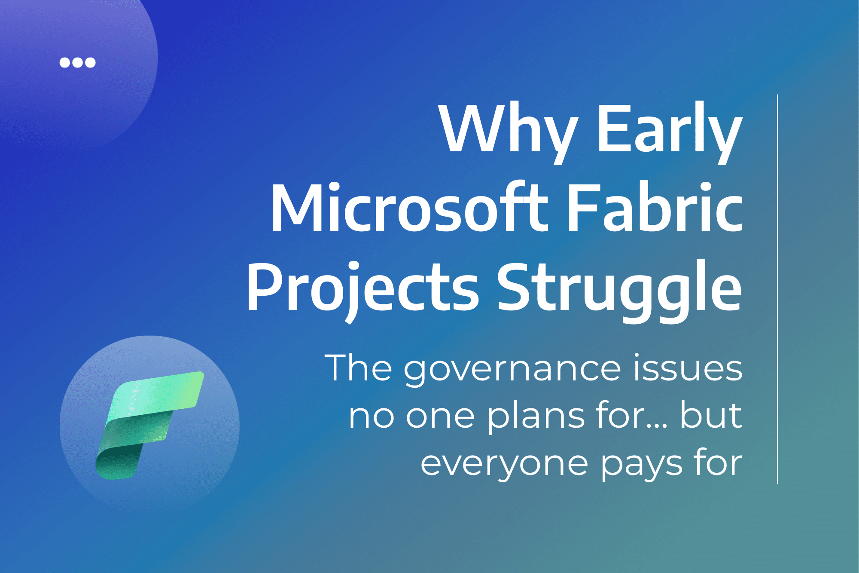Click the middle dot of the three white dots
click(77, 62)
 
